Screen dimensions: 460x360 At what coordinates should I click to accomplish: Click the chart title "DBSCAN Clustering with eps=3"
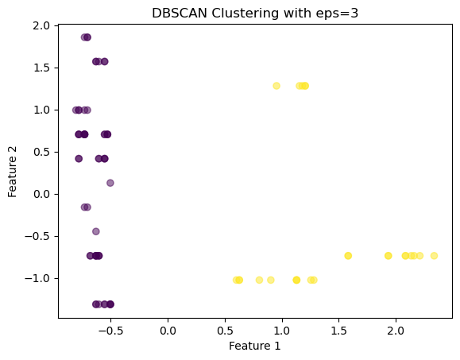[255, 14]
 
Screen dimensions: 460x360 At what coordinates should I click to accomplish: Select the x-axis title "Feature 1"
[255, 346]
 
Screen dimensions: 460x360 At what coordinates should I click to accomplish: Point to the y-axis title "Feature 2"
[13, 172]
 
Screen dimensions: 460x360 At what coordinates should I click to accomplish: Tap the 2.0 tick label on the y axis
[41, 25]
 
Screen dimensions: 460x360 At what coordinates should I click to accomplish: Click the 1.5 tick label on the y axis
[41, 68]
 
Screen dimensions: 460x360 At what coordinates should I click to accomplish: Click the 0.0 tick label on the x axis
[168, 331]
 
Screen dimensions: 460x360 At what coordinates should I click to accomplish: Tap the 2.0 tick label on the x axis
[396, 331]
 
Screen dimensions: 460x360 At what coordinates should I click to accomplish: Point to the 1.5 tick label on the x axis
[338, 331]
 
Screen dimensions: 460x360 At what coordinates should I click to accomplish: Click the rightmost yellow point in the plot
[434, 256]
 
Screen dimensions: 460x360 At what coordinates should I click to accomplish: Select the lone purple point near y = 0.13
[110, 183]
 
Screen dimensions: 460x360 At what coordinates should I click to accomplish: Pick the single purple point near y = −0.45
[96, 231]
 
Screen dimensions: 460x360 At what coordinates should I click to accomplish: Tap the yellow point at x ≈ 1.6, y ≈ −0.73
[348, 256]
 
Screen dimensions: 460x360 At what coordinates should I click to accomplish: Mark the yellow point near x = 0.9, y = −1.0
[271, 281]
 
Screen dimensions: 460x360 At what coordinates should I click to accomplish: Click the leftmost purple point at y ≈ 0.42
[79, 159]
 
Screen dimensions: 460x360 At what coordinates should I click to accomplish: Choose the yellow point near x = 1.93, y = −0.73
[388, 256]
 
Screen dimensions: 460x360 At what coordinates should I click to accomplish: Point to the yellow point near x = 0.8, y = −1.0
[259, 281]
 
